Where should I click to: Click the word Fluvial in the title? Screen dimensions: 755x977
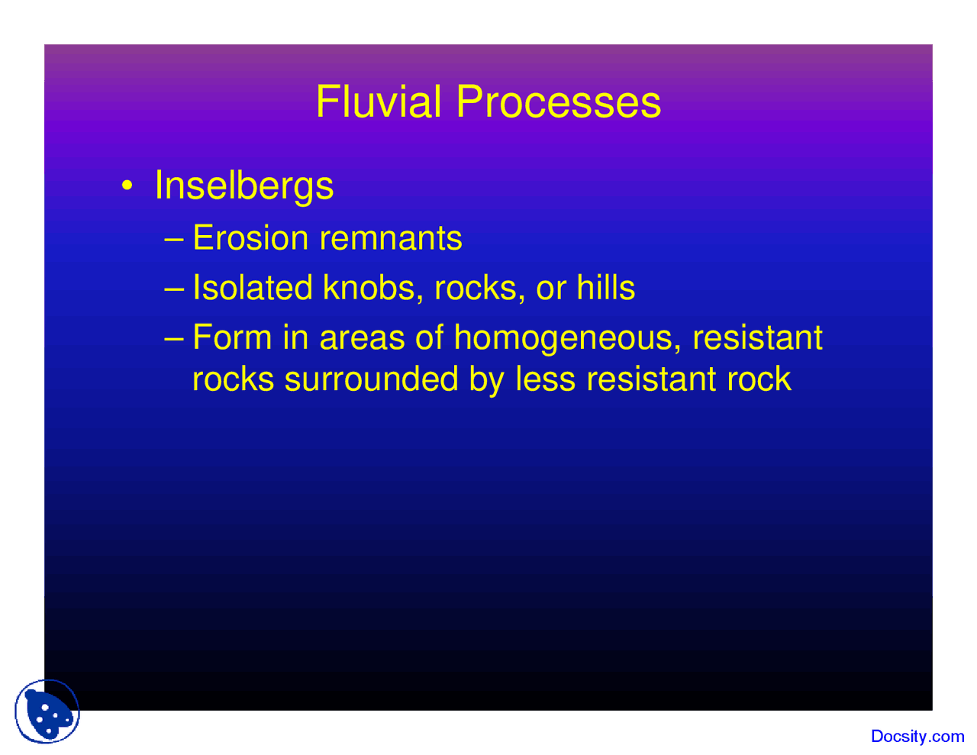click(379, 102)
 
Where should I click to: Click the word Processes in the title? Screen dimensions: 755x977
click(558, 102)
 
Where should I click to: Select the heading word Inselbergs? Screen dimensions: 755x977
click(243, 186)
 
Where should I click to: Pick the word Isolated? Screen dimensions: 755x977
click(253, 288)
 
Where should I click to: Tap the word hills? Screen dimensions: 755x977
click(606, 288)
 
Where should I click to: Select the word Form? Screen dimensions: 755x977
click(232, 337)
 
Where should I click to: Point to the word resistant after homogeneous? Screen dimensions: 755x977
click(757, 337)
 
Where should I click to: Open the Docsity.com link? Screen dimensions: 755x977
click(917, 737)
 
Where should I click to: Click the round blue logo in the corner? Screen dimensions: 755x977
click(47, 711)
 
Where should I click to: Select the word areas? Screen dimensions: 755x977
click(362, 338)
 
